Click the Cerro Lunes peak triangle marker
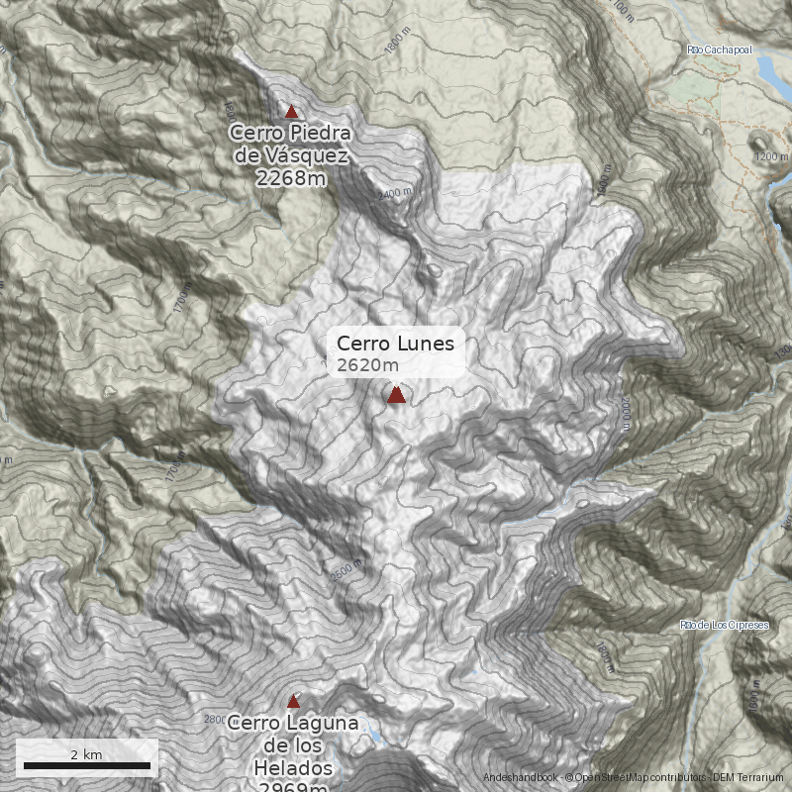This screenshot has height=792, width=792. pos(396,395)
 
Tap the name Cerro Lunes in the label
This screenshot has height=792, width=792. pos(395,344)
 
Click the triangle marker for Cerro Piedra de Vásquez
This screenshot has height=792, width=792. pos(291,112)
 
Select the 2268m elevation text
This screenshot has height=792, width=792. pos(290,178)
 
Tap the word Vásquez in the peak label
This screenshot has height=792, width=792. pos(301,155)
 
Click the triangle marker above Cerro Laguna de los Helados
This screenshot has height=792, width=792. pos(292,701)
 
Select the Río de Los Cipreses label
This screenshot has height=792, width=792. pos(725,626)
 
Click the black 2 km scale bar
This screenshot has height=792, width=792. pos(86,765)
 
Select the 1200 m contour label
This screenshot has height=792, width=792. pos(771,156)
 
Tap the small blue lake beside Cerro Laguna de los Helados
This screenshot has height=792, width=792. pos(377,737)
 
